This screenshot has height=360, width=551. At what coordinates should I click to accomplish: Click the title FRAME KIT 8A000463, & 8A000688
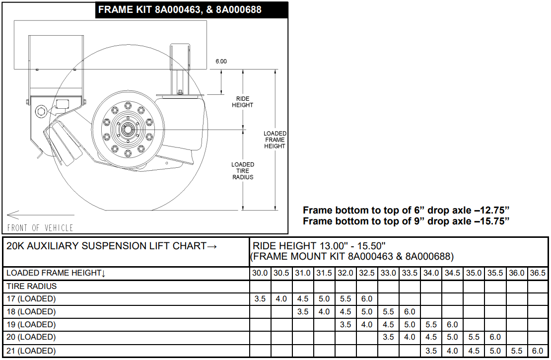[x=180, y=9]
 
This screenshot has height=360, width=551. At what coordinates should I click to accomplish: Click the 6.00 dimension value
[x=221, y=62]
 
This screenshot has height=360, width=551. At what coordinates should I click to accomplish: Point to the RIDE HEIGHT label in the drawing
[x=242, y=102]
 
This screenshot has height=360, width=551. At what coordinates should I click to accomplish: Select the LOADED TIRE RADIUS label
[x=242, y=171]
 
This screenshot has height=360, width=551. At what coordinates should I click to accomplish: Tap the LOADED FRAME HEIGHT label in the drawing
[x=275, y=140]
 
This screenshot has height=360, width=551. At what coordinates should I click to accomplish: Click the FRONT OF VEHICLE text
[x=40, y=228]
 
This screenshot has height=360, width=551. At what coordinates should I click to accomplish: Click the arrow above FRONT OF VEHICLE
[x=40, y=215]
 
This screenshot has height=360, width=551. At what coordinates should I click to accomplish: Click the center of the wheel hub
[x=127, y=130]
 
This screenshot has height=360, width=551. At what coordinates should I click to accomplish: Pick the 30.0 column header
[x=260, y=273]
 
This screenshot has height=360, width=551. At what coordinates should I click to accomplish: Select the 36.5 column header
[x=538, y=273]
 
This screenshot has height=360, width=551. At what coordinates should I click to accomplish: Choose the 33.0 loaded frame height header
[x=388, y=273]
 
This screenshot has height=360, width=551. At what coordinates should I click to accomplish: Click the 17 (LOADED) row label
[x=31, y=299]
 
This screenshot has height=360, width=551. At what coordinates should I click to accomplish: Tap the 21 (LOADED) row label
[x=31, y=351]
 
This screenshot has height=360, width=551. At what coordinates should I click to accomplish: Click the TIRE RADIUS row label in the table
[x=32, y=286]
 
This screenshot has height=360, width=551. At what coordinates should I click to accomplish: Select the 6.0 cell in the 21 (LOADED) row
[x=538, y=351]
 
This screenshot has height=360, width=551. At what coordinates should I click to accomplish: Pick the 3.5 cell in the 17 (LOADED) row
[x=260, y=299]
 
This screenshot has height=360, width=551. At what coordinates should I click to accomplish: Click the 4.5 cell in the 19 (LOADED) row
[x=388, y=324]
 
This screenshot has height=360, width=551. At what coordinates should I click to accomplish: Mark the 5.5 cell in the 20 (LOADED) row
[x=474, y=337]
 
